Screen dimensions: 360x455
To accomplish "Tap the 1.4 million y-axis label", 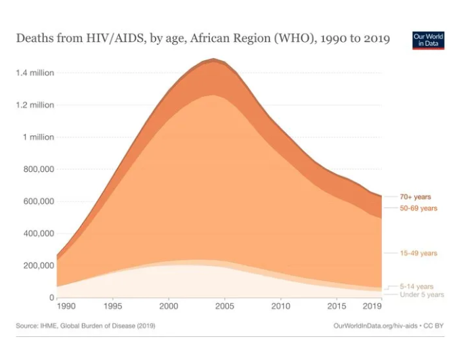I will click(35, 73).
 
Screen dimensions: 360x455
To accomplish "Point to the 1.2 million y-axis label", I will click(35, 105).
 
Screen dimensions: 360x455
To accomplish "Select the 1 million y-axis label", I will click(38, 137).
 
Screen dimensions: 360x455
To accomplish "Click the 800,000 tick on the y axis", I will click(38, 169).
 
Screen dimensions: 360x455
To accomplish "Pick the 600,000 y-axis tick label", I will click(38, 202).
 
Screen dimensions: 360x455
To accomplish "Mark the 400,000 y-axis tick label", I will click(38, 233).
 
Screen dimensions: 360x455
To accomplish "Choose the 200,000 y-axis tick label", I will click(38, 265).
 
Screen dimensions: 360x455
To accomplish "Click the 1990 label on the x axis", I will click(66, 307).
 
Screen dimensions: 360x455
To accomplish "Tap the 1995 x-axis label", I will click(113, 307).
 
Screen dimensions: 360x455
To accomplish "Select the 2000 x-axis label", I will click(169, 307).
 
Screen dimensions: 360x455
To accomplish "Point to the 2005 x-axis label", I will click(225, 307).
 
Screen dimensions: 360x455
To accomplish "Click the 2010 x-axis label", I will click(280, 307).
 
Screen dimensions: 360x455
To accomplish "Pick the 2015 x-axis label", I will click(337, 307).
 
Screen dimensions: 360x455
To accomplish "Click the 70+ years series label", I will click(415, 197).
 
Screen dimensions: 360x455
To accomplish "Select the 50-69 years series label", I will click(418, 208).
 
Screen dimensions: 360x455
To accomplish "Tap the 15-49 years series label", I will click(418, 253).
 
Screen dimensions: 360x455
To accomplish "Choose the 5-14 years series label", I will click(416, 287).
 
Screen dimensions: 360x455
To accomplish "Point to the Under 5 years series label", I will click(422, 295).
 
